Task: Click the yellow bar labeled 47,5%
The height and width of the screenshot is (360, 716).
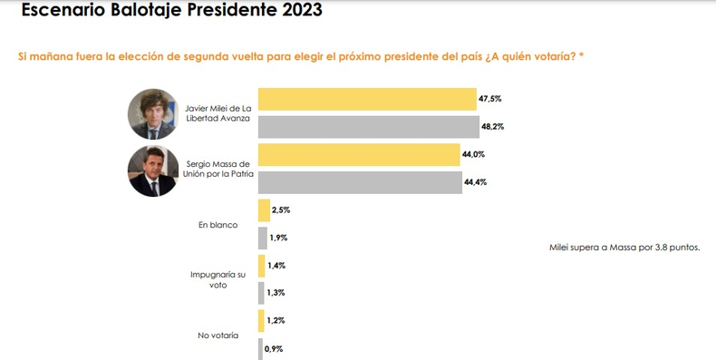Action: click(367, 99)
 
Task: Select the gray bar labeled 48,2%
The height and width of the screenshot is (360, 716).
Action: click(369, 127)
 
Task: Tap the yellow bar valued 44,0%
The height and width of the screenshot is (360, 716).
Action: click(359, 155)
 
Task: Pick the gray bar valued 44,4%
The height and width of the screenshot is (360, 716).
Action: click(360, 183)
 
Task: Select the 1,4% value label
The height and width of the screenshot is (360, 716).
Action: click(276, 266)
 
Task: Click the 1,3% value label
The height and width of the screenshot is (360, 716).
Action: click(276, 293)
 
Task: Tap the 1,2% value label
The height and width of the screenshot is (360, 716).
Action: click(276, 321)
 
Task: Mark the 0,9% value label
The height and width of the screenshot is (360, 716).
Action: click(274, 349)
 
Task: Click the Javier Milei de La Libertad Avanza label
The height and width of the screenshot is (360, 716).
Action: click(218, 113)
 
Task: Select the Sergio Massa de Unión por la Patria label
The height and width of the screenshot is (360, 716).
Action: click(218, 169)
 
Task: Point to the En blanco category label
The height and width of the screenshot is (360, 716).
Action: click(218, 225)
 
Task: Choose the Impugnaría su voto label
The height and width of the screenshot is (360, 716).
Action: click(218, 279)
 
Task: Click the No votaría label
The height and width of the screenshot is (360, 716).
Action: click(218, 336)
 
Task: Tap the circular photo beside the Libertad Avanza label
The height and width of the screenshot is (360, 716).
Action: click(153, 113)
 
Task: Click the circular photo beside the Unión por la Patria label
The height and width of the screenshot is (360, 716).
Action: click(153, 170)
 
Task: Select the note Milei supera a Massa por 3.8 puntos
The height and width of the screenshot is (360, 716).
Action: click(624, 248)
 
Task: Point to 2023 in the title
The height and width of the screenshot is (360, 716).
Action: click(302, 9)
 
